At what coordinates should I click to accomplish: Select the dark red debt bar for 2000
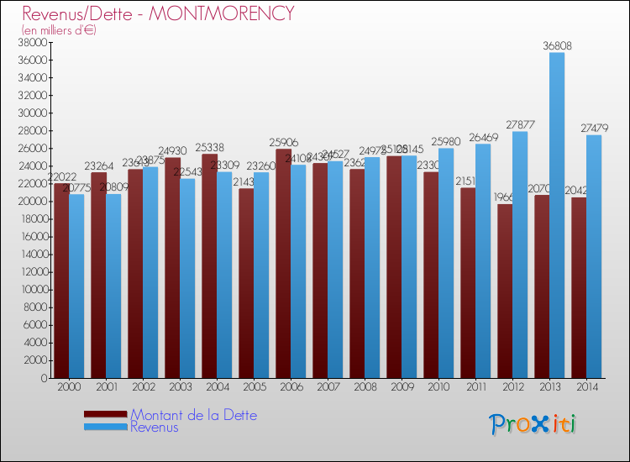[x=61, y=281]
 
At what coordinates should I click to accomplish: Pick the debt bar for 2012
[x=505, y=291]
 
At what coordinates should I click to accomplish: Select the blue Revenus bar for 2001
[x=113, y=286]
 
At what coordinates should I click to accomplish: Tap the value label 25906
[x=284, y=143]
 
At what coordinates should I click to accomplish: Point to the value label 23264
[x=99, y=166]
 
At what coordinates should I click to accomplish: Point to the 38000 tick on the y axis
[x=31, y=43]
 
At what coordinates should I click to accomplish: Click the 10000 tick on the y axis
[x=31, y=290]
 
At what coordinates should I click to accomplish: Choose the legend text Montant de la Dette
[x=193, y=415]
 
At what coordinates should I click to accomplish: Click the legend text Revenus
[x=155, y=428]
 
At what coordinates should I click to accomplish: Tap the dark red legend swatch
[x=105, y=415]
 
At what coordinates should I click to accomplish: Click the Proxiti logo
[x=533, y=424]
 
